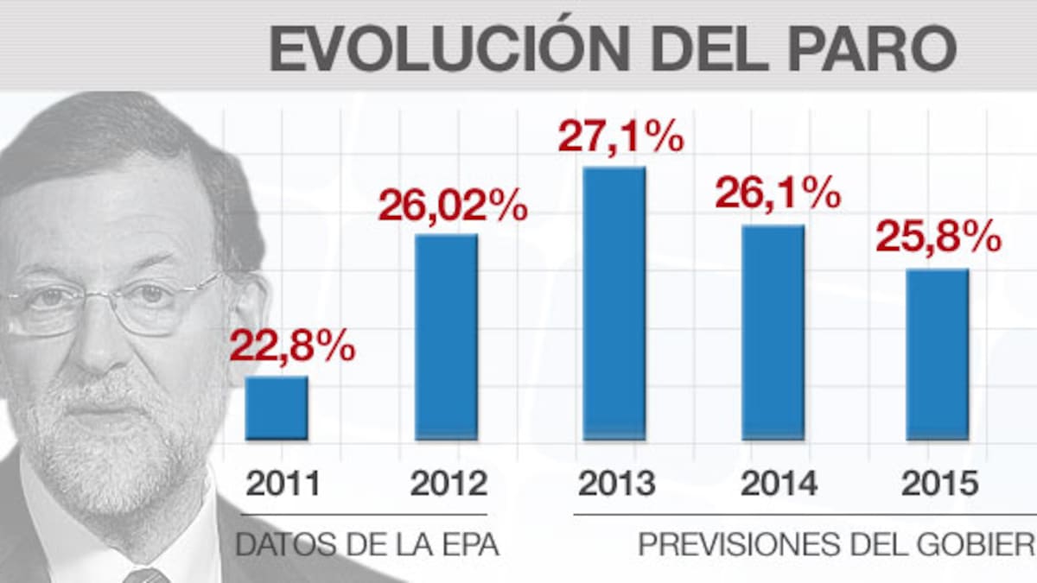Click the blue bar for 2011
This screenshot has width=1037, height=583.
coord(277,408)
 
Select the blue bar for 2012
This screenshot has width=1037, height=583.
coord(446,337)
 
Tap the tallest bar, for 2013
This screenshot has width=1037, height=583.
coord(614,303)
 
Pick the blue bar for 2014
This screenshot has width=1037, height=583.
coord(773,333)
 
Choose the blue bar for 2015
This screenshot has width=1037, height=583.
coord(938,354)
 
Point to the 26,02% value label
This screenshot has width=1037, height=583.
coord(453,206)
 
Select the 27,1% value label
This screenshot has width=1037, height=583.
coord(620,137)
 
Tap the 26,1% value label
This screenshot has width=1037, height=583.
coord(778,193)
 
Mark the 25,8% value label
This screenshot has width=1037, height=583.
coord(938,236)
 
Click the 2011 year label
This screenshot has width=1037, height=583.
coord(283,484)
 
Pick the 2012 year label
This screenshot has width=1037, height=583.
coord(449,484)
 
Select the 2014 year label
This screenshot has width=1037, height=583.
coord(779,484)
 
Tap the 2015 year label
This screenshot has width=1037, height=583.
coord(940,484)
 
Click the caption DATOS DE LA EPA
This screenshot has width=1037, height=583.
coord(368,546)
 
